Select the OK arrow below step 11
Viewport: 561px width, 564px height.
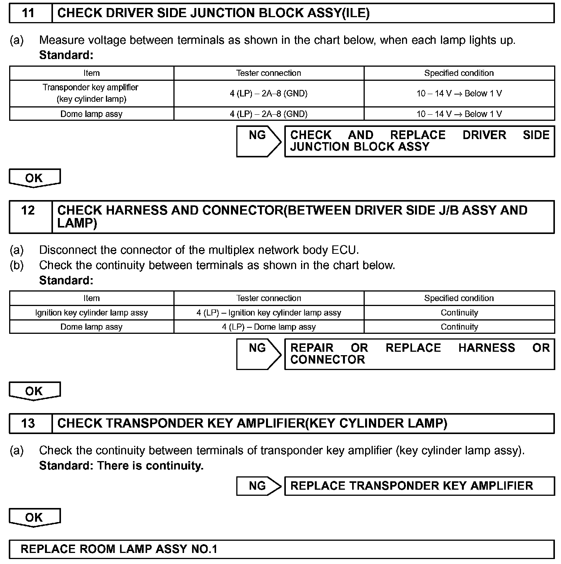pos(34,178)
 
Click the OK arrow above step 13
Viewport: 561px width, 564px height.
pos(34,391)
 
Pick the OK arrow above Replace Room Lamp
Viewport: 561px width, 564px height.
pos(34,517)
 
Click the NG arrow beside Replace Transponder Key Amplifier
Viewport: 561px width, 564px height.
pos(258,486)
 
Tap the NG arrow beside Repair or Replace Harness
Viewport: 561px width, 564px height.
pos(258,354)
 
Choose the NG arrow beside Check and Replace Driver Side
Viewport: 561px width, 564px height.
pos(258,141)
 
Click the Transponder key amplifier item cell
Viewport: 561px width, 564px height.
pos(91,93)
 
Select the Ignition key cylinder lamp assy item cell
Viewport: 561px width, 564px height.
pos(91,313)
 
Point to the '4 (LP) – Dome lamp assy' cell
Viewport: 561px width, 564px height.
pos(269,327)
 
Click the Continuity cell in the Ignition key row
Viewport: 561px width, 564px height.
pos(459,313)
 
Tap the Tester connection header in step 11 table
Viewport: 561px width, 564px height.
pos(269,73)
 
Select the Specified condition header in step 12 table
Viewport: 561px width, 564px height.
pos(459,298)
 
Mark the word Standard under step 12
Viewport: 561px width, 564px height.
pos(66,280)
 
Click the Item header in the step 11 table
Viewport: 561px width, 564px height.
pos(91,73)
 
